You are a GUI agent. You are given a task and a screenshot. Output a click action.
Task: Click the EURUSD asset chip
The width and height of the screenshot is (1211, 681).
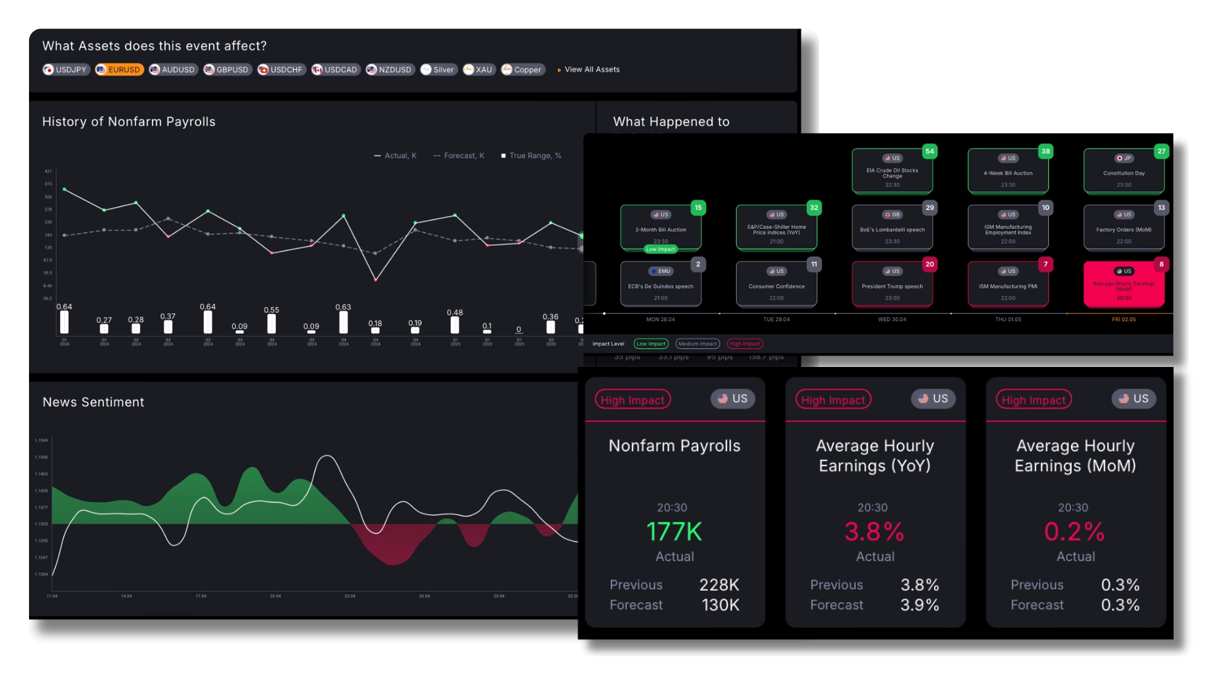point(119,70)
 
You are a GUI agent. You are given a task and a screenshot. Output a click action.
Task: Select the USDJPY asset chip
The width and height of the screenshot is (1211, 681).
point(66,70)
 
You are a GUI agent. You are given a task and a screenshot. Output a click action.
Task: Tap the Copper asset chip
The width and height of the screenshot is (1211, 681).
point(523,70)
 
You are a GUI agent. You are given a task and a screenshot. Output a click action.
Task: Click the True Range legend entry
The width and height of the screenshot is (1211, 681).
point(531,156)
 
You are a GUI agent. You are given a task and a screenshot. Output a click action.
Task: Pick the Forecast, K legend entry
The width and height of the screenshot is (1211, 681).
point(459,156)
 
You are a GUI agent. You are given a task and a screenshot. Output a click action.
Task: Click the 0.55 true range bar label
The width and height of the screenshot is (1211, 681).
point(271,310)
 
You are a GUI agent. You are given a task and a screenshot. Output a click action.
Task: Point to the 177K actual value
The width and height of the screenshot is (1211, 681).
point(674,532)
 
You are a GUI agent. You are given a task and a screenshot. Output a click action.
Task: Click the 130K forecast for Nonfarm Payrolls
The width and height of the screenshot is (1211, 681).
point(720,605)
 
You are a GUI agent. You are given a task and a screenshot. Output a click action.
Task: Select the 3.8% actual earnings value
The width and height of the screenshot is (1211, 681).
point(874,532)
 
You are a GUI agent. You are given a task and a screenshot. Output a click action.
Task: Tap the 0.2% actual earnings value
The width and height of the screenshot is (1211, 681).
point(1075,532)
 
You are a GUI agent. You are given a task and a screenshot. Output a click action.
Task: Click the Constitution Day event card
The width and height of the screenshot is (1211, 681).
point(1123,172)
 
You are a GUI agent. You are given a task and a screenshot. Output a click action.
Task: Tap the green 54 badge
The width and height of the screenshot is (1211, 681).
point(930,151)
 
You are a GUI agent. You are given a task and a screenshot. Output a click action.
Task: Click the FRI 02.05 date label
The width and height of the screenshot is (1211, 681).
point(1123,320)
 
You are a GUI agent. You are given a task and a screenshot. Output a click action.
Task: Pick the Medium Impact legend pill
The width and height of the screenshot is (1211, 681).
point(698,344)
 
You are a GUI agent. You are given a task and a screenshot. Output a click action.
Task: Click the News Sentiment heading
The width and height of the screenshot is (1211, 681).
point(93,402)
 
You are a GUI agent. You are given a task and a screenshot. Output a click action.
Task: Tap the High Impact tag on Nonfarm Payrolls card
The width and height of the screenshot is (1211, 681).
point(632,400)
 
